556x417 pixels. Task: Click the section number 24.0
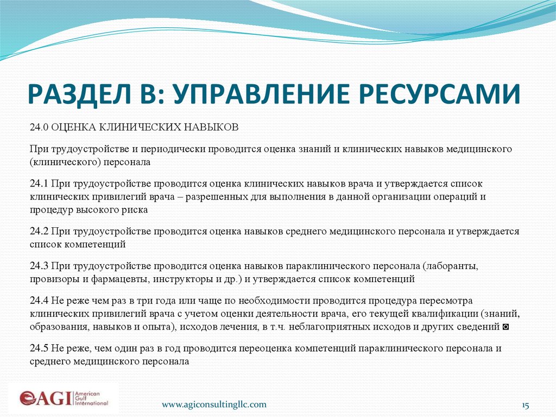[x=40, y=128]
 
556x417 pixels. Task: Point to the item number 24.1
[x=40, y=184]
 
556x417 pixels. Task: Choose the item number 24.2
[x=40, y=231]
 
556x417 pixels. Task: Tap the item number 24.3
[x=40, y=266]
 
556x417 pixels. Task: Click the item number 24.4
[x=40, y=301]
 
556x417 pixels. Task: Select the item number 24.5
[x=40, y=348]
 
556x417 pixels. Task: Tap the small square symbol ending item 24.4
[x=506, y=327]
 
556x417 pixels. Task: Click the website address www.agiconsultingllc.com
[x=215, y=404]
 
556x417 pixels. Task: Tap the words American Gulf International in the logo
[x=92, y=397]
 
